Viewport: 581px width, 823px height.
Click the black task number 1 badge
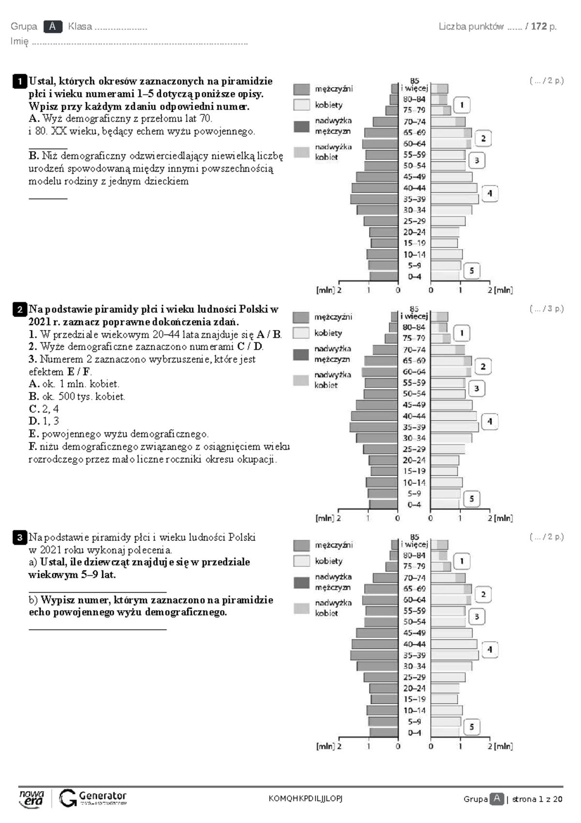[x=20, y=81]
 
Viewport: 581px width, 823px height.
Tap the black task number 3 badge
[x=20, y=538]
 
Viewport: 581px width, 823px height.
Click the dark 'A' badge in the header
[x=52, y=27]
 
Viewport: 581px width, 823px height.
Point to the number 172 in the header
[x=539, y=27]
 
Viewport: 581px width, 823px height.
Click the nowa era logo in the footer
[x=31, y=799]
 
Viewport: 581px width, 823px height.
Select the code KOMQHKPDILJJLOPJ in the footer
[x=306, y=798]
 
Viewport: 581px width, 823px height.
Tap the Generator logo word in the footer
[x=103, y=796]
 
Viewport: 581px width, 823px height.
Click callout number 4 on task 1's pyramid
[x=489, y=193]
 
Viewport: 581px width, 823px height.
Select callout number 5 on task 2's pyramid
[x=472, y=499]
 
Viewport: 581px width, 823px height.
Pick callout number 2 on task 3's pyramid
[x=483, y=595]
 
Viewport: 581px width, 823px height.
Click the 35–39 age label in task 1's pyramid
[x=414, y=199]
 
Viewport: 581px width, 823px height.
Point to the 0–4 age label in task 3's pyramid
[x=414, y=733]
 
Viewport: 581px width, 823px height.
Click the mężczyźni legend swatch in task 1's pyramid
[x=302, y=89]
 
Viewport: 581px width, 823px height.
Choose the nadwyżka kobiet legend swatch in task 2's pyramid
[x=301, y=380]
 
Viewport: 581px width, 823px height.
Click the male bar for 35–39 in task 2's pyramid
[x=374, y=427]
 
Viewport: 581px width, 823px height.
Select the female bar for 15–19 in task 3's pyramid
[x=444, y=699]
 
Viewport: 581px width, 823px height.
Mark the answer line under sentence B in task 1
[x=48, y=199]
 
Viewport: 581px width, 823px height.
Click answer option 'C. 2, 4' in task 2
[x=44, y=409]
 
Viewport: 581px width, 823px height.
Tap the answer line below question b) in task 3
[x=98, y=630]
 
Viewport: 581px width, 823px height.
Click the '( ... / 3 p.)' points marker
[x=547, y=309]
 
